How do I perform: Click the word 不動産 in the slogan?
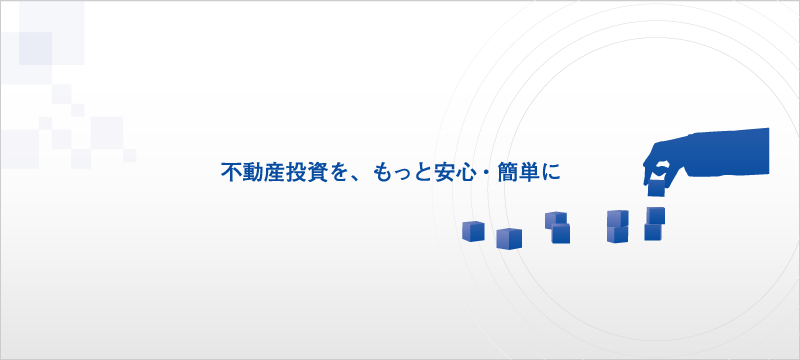click(252, 171)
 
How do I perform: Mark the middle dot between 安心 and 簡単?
click(484, 172)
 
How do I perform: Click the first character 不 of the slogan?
click(229, 171)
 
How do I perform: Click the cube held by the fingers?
click(656, 186)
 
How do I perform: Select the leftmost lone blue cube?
click(473, 231)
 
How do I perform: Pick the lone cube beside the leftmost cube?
click(509, 237)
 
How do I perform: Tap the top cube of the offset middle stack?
click(555, 220)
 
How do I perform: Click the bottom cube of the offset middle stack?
click(560, 235)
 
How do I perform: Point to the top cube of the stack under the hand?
click(655, 215)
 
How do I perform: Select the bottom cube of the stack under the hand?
click(653, 232)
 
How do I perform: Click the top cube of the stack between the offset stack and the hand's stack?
click(617, 218)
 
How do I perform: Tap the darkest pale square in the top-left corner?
click(35, 47)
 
